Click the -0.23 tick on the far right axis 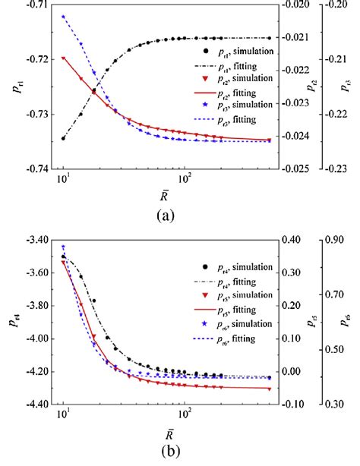[x=346, y=168]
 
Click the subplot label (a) [x=166, y=215]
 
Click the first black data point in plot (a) [x=64, y=138]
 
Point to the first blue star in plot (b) [x=64, y=247]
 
